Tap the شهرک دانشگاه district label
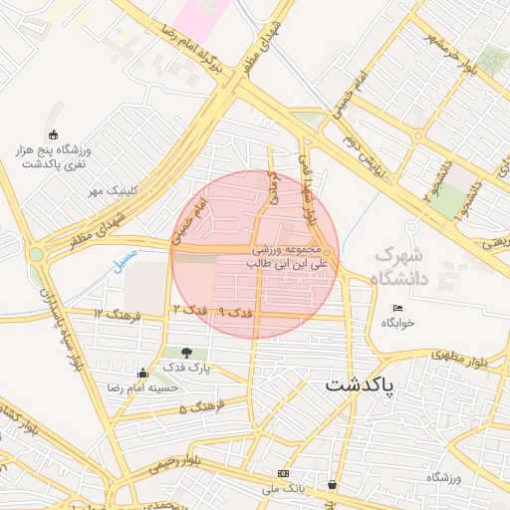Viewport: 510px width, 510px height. tap(400, 266)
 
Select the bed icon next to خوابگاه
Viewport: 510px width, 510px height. tap(397, 307)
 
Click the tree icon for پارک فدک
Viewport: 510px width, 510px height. tap(186, 353)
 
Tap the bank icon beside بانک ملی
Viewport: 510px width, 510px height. tap(285, 472)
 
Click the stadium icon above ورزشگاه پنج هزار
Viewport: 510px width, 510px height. tap(53, 135)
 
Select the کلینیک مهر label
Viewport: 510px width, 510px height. tap(111, 190)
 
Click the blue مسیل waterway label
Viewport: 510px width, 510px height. tap(127, 265)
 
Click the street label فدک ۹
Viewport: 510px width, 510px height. tap(236, 313)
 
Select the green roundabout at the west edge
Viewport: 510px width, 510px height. tap(37, 254)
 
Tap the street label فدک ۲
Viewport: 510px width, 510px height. tap(189, 311)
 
